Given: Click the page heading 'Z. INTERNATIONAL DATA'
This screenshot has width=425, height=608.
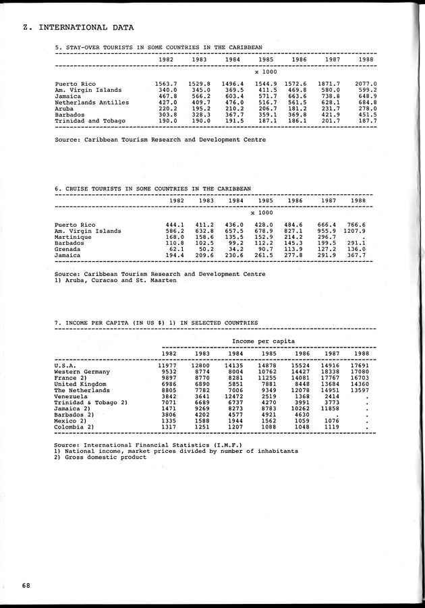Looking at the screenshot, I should pos(77,28).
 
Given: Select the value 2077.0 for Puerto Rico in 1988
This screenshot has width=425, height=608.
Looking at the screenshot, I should pos(365,84).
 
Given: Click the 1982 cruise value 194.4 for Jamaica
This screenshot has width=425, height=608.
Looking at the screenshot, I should pos(175,256).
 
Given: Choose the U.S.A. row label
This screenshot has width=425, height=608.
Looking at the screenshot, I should pos(65,365).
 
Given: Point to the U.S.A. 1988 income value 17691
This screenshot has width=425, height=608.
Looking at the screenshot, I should pos(359,365).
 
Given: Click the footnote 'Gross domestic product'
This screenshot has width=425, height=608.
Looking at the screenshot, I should pos(104,457).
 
